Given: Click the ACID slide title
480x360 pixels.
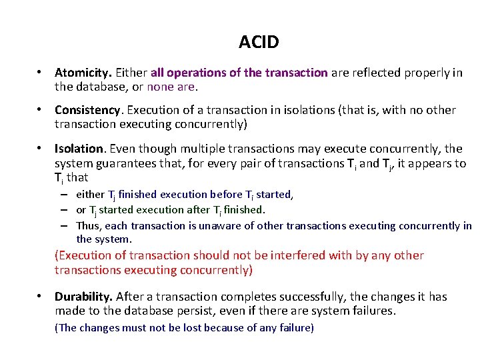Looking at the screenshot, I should pos(259,43).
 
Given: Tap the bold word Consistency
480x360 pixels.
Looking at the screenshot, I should pos(89,110).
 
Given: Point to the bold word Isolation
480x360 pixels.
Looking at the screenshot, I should pos(79,149).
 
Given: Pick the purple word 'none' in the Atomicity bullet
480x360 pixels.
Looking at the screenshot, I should pos(161,87).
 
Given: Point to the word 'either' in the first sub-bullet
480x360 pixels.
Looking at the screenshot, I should pos(90,195).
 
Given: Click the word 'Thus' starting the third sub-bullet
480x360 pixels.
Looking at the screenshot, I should pos(89,225).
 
